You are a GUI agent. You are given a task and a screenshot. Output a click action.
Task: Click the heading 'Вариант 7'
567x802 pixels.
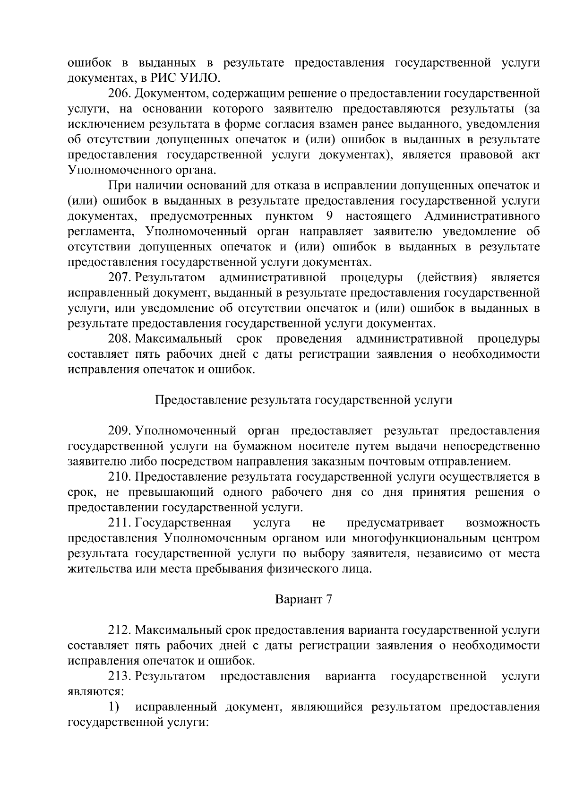pyautogui.click(x=304, y=600)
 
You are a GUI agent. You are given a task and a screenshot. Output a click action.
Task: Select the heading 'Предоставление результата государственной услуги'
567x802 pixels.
pyautogui.click(x=304, y=400)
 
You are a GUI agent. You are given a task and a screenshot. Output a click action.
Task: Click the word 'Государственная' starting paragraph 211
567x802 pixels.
pyautogui.click(x=183, y=523)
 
